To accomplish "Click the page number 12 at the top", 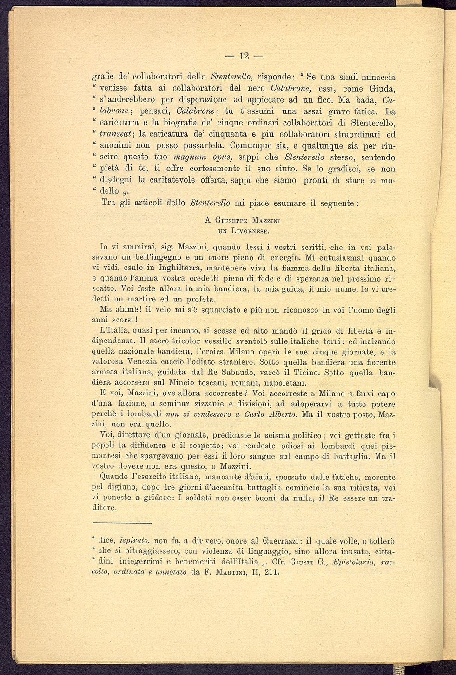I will point(244,56).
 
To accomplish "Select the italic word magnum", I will point(180,157).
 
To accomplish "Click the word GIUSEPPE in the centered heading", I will point(228,221).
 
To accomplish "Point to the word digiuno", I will point(121,487).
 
